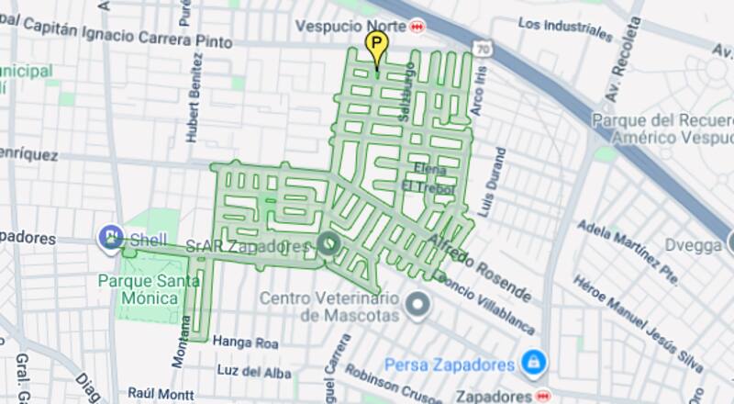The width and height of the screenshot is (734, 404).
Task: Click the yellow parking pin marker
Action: point(375,45)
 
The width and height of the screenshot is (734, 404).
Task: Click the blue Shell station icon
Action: point(111,238)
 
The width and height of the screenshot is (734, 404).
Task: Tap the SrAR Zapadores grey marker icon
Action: point(328,243)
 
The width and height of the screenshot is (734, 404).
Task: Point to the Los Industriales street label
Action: point(564,28)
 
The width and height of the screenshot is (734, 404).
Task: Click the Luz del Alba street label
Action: point(254,371)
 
